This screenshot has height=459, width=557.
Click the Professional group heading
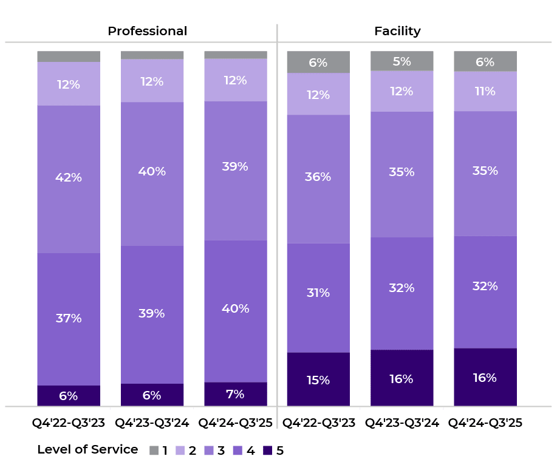(x=147, y=31)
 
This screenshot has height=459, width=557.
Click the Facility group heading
(x=397, y=31)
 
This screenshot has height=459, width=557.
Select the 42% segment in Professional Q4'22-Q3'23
(x=69, y=178)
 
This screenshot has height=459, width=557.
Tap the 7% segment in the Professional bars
(x=235, y=394)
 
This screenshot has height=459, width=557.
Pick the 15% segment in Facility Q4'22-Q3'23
(x=318, y=379)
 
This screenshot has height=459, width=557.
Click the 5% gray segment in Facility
(x=402, y=61)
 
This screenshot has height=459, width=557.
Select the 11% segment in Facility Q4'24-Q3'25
(x=485, y=91)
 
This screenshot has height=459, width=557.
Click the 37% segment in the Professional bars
(x=69, y=319)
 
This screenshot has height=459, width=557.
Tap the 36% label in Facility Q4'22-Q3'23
(x=318, y=177)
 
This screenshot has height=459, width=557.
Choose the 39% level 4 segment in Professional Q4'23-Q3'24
(x=152, y=314)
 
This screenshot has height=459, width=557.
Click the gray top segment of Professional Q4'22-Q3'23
(x=69, y=56)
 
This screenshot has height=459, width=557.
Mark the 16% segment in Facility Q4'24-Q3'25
(x=485, y=378)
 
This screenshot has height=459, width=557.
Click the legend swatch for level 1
(x=154, y=450)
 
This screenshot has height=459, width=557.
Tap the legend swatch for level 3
(x=211, y=450)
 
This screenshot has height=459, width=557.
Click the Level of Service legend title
(x=87, y=450)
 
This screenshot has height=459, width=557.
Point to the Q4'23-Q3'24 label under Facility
(x=402, y=423)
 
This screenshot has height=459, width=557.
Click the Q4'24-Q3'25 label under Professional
(x=235, y=423)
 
